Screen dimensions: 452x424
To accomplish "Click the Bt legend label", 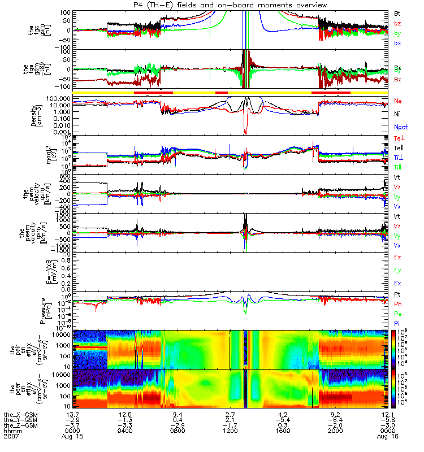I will pyautogui.click(x=397, y=12).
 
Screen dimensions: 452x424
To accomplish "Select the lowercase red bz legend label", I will pyautogui.click(x=397, y=23).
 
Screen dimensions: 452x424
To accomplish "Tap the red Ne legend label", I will pyautogui.click(x=398, y=101).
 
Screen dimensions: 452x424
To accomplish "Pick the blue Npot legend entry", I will pyautogui.click(x=400, y=127).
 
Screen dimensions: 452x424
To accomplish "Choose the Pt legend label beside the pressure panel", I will pyautogui.click(x=397, y=295).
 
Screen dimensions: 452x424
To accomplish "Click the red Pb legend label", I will pyautogui.click(x=397, y=303).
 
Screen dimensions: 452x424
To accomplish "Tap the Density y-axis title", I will pyautogui.click(x=36, y=115).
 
